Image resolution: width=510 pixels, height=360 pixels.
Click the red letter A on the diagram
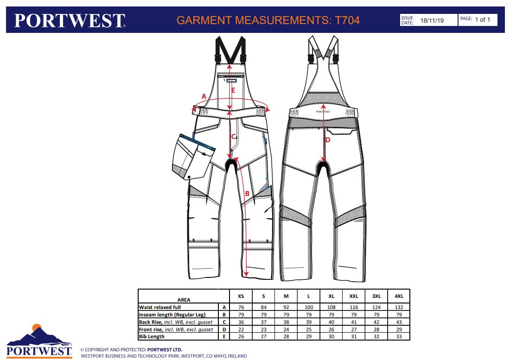204,96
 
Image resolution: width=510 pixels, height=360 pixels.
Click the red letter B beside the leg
247,194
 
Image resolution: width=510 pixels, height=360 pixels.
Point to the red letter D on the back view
328,140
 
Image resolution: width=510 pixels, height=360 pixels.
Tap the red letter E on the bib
233,91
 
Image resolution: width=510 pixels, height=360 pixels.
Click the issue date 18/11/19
432,20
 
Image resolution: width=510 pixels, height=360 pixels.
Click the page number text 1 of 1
482,19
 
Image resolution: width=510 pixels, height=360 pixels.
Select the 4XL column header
399,297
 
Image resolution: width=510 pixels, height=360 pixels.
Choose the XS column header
241,297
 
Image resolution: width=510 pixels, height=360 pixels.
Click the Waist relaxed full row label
159,307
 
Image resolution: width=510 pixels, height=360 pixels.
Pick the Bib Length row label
152,336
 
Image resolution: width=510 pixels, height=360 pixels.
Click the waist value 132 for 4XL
399,307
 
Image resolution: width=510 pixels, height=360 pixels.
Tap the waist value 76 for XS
241,307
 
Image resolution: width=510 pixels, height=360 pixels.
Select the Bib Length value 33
399,337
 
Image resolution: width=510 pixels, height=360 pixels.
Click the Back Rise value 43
399,322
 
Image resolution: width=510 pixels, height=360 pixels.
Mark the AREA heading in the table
184,300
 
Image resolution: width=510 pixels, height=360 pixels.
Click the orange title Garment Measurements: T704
268,20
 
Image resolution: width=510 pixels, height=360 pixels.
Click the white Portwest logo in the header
70,20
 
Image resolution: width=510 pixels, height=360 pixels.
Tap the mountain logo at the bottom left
39,341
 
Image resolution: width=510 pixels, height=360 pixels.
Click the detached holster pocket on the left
193,157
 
